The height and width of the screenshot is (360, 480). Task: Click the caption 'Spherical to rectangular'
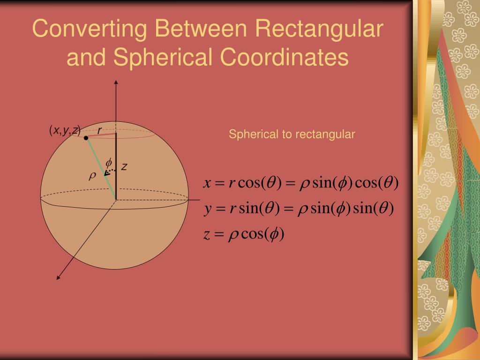pyautogui.click(x=292, y=135)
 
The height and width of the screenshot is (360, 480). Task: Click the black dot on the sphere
pyautogui.click(x=86, y=138)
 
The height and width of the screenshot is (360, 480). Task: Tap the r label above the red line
pyautogui.click(x=100, y=130)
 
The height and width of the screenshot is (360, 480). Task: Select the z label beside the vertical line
pyautogui.click(x=124, y=166)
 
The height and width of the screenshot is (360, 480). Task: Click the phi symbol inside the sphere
pyautogui.click(x=109, y=163)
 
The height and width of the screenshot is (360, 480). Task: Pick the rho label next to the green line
pyautogui.click(x=92, y=176)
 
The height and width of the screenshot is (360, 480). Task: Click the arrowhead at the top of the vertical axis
pyautogui.click(x=116, y=82)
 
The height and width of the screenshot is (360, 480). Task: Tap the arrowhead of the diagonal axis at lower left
pyautogui.click(x=59, y=277)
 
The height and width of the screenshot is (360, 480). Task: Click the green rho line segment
pyautogui.click(x=101, y=168)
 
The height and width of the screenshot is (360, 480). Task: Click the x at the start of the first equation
pyautogui.click(x=206, y=183)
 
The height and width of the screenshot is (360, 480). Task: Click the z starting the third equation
pyautogui.click(x=206, y=234)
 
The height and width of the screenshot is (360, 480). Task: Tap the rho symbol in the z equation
pyautogui.click(x=233, y=235)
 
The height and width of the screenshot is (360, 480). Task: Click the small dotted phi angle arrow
pyautogui.click(x=109, y=172)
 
